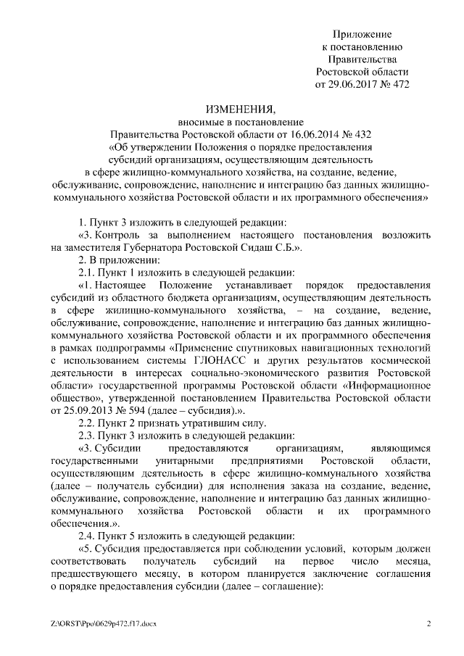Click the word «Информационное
tap(388, 385)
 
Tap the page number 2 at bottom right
tap(428, 623)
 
